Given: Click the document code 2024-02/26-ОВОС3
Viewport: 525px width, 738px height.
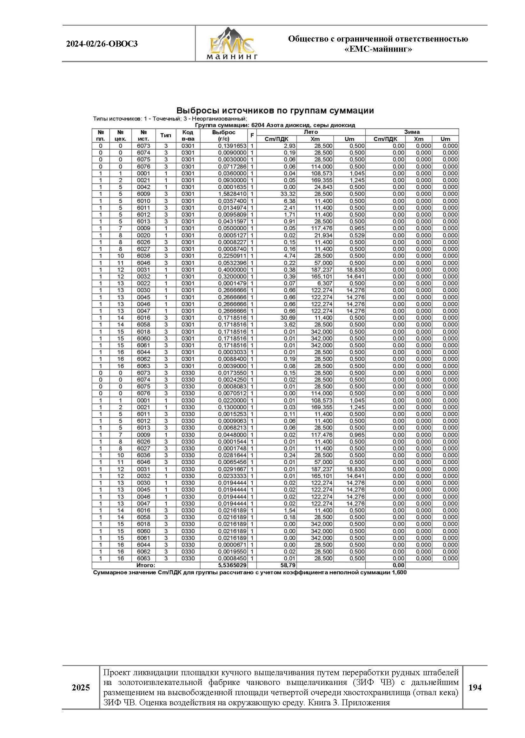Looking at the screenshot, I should click(x=102, y=44).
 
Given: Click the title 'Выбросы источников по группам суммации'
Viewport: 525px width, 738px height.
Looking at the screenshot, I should click(x=275, y=111).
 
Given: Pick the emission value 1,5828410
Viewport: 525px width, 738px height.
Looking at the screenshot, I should click(x=232, y=194).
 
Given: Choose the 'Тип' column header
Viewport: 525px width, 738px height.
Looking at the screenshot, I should click(x=166, y=136).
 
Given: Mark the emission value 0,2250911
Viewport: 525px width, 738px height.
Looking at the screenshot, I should click(x=232, y=256).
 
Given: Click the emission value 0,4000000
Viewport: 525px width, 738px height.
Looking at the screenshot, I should click(x=232, y=270).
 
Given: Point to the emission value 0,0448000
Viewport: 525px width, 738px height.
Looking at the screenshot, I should click(x=232, y=435).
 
